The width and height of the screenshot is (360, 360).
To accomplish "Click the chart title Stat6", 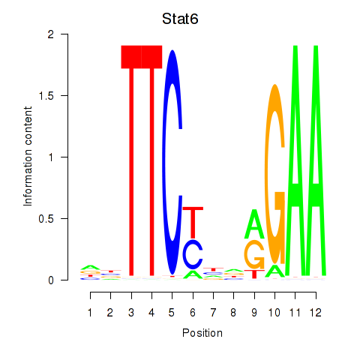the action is coord(180,19).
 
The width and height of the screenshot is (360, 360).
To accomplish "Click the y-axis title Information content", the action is coord(28,156).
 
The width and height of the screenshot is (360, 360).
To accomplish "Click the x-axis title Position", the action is coord(202,333).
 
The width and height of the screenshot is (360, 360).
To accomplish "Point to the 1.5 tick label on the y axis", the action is coord(46,95).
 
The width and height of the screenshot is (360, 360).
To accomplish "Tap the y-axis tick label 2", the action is coord(51,34).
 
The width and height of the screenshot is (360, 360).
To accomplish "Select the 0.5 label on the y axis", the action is coord(46,219).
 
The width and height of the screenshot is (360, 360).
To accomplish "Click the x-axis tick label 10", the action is coord(274,313).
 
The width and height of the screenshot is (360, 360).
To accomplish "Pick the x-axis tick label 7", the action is coord(213,313).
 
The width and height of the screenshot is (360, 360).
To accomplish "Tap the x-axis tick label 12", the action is coord(316,313).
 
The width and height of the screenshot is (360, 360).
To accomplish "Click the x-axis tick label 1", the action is coord(90,313).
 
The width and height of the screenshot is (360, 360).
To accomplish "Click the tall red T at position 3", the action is coord(131,160).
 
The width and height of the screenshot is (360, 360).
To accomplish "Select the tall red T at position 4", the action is coord(151,160).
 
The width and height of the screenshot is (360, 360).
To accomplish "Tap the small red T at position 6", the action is coord(193,223).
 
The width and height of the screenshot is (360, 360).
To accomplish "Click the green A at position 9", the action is coord(254,223).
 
